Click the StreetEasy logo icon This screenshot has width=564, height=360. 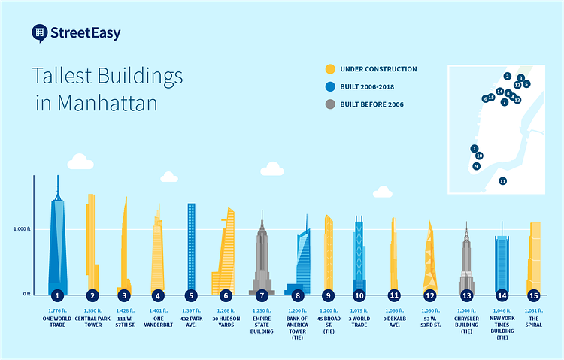41,32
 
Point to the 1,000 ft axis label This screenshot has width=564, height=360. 21,228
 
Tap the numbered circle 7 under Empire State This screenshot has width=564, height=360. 261,295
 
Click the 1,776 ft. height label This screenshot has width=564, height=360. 56,310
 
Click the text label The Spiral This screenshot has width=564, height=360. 534,322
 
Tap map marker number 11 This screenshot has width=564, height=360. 502,181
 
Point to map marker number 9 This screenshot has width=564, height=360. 476,166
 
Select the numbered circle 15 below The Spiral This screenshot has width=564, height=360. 534,295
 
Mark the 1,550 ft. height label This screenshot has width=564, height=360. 92,310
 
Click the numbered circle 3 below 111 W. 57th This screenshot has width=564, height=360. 123,295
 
